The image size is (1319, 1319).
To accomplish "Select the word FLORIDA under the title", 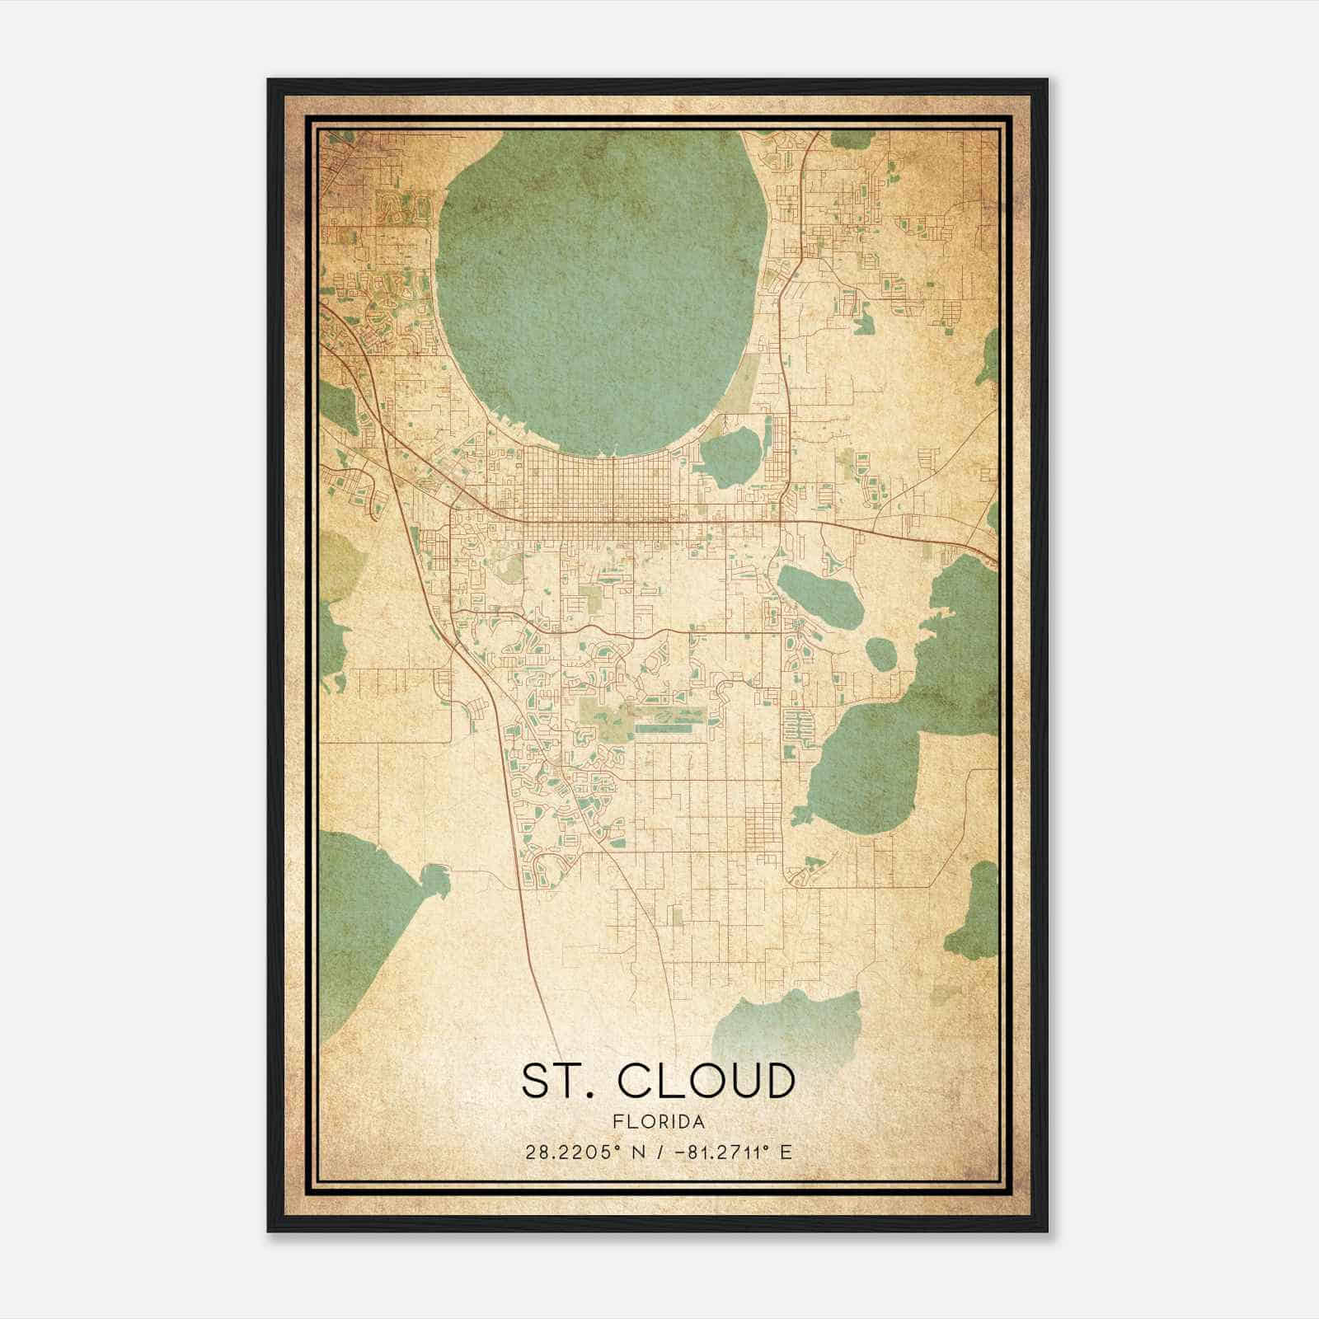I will (658, 1122).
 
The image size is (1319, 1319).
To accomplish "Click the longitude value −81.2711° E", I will (733, 1152).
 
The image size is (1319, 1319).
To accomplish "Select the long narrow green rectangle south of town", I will (669, 729).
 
